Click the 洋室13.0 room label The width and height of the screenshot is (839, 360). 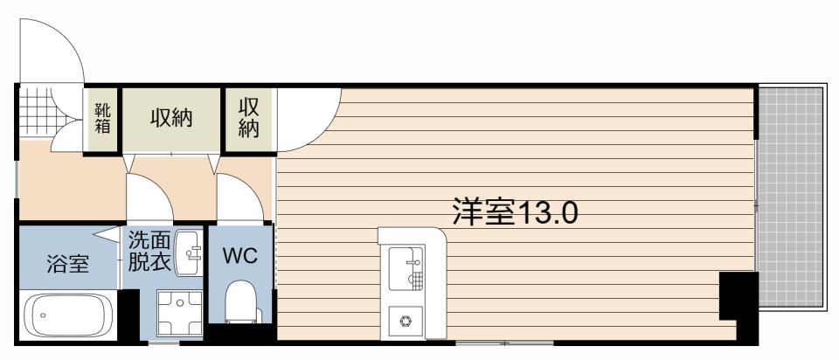[515, 211]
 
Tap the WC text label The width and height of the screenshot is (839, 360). [240, 256]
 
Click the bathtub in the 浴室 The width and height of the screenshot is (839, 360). [67, 315]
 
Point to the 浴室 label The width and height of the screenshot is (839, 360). [67, 264]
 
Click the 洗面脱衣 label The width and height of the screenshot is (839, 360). [149, 252]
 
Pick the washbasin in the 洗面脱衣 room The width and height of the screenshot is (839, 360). [189, 253]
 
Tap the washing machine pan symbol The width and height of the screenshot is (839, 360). [180, 315]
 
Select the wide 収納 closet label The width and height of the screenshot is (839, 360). [170, 118]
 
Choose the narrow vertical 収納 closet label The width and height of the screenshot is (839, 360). [248, 118]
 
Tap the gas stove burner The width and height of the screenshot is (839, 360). [406, 322]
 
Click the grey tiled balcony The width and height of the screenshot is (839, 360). [790, 197]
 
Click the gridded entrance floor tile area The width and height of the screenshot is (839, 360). [37, 111]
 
